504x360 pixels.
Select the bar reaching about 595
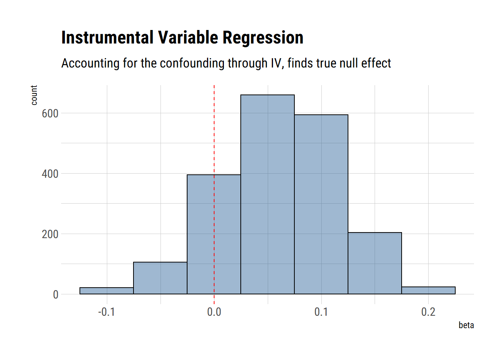click(321, 204)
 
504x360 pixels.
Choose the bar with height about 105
click(160, 278)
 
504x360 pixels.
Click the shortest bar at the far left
click(106, 291)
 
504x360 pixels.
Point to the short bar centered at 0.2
click(428, 290)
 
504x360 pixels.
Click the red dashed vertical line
click(214, 131)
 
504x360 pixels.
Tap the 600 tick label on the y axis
click(50, 114)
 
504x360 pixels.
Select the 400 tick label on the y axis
click(50, 174)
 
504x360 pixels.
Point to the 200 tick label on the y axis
click(50, 234)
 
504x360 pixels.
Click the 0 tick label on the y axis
click(55, 295)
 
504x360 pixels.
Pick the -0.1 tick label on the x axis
click(106, 312)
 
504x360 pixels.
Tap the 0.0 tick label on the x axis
click(214, 312)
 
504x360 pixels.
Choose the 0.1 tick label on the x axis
click(321, 312)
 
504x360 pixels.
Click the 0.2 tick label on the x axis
click(428, 312)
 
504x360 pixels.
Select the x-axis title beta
click(466, 325)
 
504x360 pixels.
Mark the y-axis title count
click(34, 95)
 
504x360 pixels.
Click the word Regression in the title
click(262, 38)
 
